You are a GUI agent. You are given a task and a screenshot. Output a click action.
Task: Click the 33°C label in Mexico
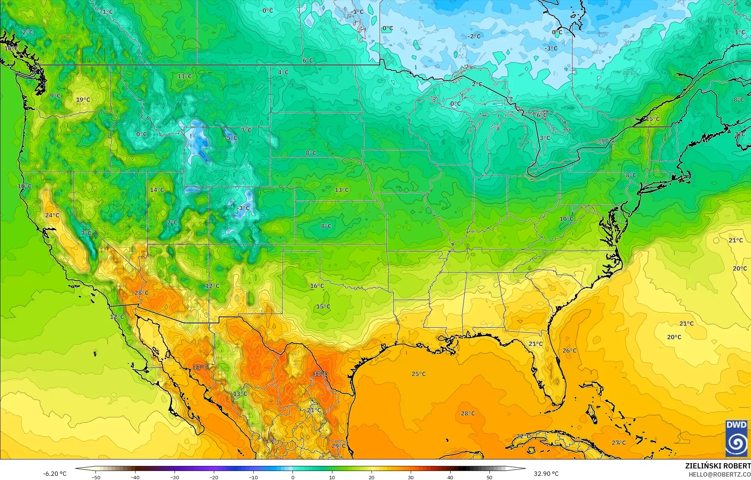click(200, 367)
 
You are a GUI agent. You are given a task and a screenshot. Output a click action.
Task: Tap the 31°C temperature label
click(320, 373)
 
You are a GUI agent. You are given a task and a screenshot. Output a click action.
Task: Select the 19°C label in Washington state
click(83, 100)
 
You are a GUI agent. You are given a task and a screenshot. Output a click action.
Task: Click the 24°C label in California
click(52, 215)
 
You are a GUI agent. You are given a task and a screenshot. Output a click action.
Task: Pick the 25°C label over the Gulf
click(418, 374)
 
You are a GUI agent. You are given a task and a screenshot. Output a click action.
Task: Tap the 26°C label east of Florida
click(569, 350)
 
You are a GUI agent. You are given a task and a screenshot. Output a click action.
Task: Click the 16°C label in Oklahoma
click(317, 286)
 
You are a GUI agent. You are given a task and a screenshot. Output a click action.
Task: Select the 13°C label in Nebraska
click(341, 190)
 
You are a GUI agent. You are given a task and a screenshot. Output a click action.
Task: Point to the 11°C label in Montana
click(185, 76)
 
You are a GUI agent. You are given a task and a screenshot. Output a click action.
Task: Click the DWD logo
click(736, 438)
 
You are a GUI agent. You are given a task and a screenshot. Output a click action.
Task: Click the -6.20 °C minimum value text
click(54, 474)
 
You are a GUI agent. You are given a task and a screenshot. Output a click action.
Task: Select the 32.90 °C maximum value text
click(546, 474)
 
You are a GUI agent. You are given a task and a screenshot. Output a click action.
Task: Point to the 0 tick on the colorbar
click(293, 477)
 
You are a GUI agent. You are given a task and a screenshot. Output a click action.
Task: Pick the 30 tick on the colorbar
click(411, 477)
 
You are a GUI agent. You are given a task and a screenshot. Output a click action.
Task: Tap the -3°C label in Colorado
click(244, 208)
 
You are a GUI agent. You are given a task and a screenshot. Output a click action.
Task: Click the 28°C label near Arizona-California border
click(141, 293)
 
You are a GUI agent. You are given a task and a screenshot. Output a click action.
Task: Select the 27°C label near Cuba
click(619, 442)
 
